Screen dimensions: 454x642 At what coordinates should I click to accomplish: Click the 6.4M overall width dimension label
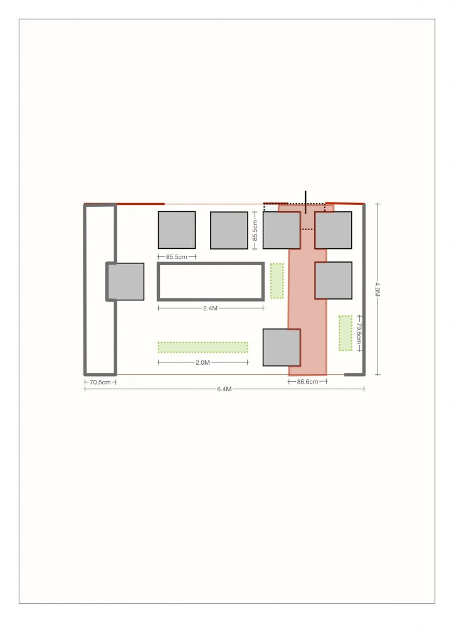coord(224,389)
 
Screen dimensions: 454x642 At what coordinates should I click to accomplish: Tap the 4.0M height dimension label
coord(377,288)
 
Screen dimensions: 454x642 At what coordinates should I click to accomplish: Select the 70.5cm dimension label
coord(100,382)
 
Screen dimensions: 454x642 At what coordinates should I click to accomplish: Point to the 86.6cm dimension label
coord(307,382)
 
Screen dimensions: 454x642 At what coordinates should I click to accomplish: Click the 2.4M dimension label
coord(211,308)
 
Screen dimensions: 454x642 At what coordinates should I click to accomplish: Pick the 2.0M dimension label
coord(203,363)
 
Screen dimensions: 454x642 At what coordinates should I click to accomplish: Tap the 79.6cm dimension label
coord(359,334)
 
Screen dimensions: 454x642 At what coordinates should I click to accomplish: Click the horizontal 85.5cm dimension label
coord(177,257)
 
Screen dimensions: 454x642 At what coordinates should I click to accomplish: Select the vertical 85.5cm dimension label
coord(255,231)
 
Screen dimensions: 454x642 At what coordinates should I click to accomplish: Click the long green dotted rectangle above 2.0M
coord(203,347)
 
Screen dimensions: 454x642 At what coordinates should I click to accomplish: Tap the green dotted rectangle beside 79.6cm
coord(346,333)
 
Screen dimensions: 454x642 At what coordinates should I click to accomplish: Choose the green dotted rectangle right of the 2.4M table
coord(277,281)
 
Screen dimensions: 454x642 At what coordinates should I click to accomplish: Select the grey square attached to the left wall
coord(126,282)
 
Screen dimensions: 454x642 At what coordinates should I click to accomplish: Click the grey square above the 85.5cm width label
coord(177,230)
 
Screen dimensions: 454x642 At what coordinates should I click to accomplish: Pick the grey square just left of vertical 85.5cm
coord(230,230)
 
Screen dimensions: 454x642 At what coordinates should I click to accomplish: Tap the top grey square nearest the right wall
coord(333,230)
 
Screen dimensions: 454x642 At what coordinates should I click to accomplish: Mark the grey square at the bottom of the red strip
coord(282,347)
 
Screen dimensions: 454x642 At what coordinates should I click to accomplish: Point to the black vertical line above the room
coord(305,202)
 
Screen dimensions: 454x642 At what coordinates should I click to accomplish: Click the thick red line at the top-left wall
coord(140,204)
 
